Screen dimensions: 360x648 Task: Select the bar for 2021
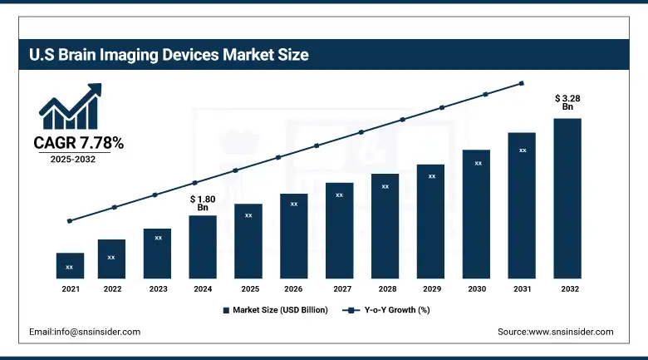point(70,265)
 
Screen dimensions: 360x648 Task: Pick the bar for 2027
point(340,230)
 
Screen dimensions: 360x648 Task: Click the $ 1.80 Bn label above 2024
point(203,203)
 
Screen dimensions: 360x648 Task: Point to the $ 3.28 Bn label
point(568,102)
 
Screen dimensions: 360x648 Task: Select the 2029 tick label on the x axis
point(431,289)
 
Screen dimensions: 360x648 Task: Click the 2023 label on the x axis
point(158,289)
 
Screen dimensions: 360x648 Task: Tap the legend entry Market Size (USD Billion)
point(275,310)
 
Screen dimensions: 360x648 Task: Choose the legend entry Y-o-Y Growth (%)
point(387,310)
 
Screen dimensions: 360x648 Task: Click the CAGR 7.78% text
point(78,144)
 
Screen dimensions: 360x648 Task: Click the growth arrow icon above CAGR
point(71,106)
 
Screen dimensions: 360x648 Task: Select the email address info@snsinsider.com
point(85,332)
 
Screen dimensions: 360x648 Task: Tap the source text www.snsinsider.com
point(555,332)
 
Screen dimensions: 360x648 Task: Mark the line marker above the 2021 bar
point(70,221)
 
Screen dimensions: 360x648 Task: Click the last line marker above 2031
point(522,83)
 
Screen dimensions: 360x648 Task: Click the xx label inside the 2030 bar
point(478,164)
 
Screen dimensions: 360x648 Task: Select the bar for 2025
point(248,241)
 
